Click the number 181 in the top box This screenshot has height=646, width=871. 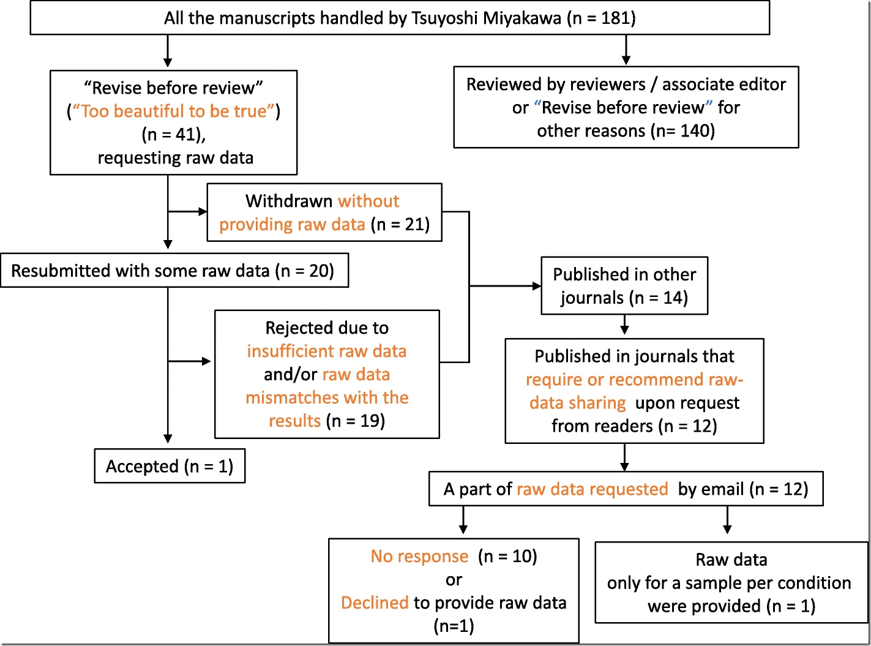click(615, 18)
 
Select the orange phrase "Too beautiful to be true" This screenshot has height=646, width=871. click(173, 111)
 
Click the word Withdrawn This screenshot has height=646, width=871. click(289, 201)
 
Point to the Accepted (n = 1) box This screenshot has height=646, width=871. click(170, 465)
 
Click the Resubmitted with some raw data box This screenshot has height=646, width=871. click(174, 271)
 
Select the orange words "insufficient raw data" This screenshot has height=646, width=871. click(326, 351)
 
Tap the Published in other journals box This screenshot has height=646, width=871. click(624, 286)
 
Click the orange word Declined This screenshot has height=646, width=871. click(375, 603)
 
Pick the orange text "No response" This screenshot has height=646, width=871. click(419, 556)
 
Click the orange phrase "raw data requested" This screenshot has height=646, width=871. click(592, 489)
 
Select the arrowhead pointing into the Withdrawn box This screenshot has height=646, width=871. click(203, 212)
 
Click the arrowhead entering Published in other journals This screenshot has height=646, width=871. click(537, 286)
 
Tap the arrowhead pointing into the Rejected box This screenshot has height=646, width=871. click(206, 361)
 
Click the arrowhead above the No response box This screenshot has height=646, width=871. click(463, 529)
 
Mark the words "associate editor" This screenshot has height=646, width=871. click(724, 85)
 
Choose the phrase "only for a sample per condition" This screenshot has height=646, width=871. click(729, 583)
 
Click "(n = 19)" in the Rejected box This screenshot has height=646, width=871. click(356, 421)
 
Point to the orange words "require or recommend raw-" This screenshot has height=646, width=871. click(634, 380)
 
